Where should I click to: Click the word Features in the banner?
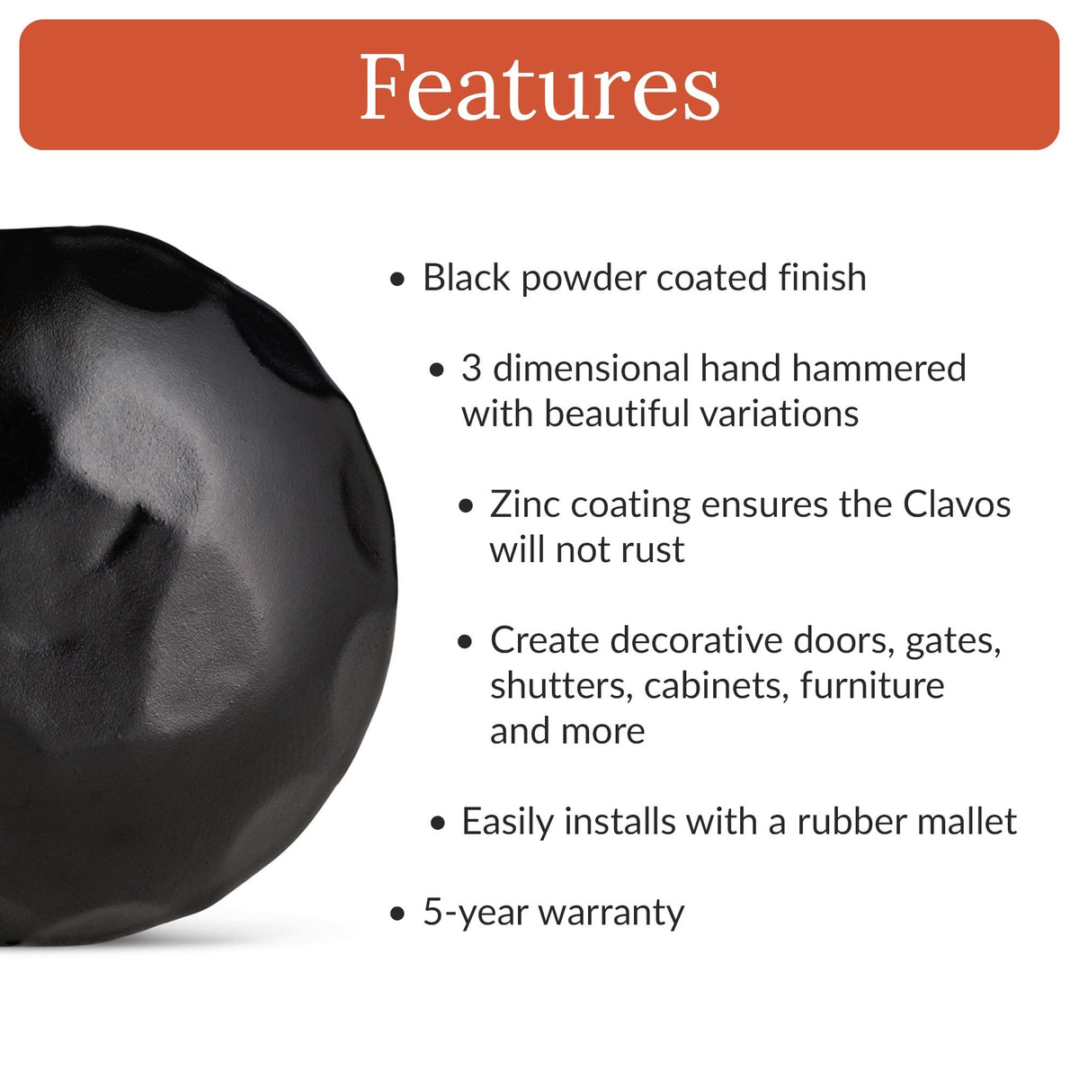[539, 87]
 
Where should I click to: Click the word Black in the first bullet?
[467, 278]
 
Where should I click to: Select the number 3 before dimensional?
[472, 369]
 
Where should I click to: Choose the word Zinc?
[525, 504]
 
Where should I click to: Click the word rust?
[653, 549]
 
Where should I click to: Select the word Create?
[544, 640]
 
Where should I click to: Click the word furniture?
[872, 686]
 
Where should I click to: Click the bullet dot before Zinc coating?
[465, 506]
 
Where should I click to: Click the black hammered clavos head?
[180, 584]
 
